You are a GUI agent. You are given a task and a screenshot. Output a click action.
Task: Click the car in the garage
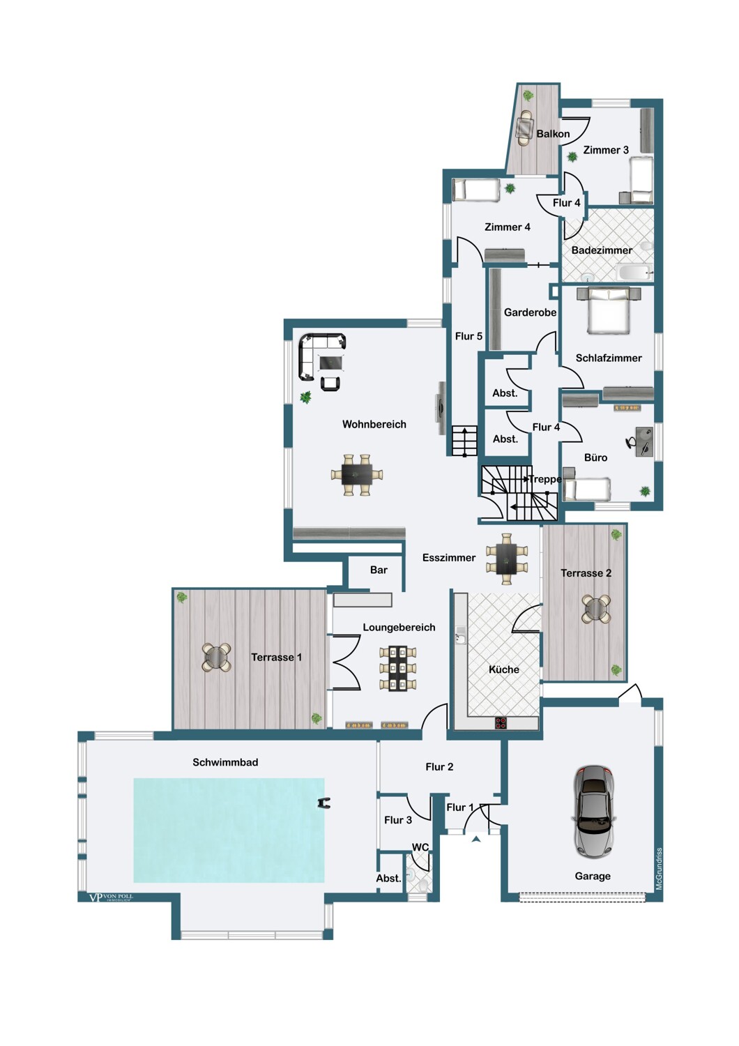[593, 811]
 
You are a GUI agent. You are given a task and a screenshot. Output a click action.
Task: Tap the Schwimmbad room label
[225, 763]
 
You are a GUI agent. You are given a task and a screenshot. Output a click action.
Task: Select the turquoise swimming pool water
[229, 831]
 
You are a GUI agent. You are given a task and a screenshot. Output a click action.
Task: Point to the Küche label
[504, 669]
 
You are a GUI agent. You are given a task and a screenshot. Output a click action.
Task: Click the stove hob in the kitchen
[501, 723]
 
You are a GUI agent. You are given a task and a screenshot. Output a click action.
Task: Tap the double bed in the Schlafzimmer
[609, 310]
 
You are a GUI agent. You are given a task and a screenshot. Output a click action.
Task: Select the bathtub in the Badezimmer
[634, 272]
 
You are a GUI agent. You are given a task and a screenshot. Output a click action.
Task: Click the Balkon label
[553, 134]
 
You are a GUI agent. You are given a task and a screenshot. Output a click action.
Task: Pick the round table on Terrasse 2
[596, 609]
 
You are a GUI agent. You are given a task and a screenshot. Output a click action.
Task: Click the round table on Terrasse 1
[217, 657]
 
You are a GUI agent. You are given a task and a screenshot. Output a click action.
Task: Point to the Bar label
[379, 570]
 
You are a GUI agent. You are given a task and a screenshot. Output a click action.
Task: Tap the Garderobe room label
[530, 312]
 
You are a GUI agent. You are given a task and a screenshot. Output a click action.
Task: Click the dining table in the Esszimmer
[507, 559]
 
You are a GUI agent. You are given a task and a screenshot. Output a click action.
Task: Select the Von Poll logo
[111, 897]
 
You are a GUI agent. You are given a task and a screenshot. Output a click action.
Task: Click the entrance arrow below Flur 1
[475, 839]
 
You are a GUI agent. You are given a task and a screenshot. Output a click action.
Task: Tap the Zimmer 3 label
[605, 150]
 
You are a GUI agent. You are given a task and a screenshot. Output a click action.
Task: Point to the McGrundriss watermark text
[659, 869]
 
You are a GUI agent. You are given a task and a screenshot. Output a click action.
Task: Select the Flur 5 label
[468, 336]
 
